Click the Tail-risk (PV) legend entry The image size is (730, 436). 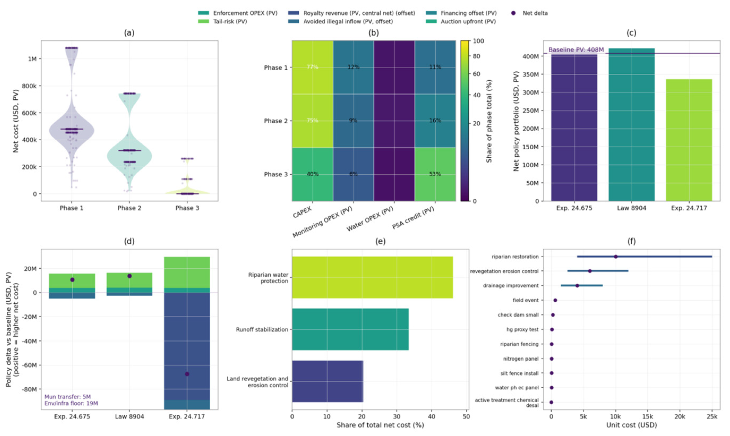[x=230, y=21]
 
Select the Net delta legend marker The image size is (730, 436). [x=513, y=13]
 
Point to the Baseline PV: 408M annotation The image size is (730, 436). [x=576, y=50]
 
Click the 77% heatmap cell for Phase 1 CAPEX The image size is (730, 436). [x=312, y=67]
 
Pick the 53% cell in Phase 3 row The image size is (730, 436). [x=435, y=174]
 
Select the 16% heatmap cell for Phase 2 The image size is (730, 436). [x=435, y=120]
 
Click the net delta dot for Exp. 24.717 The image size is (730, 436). [x=187, y=374]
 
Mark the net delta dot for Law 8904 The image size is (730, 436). [x=130, y=276]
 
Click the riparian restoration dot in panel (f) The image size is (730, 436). [x=616, y=257]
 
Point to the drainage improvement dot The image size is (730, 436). [x=577, y=285]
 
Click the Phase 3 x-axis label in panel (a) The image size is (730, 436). [x=187, y=208]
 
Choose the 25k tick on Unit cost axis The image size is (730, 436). [x=712, y=417]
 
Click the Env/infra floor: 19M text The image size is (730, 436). [x=71, y=403]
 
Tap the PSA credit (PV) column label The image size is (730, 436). [x=413, y=219]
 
